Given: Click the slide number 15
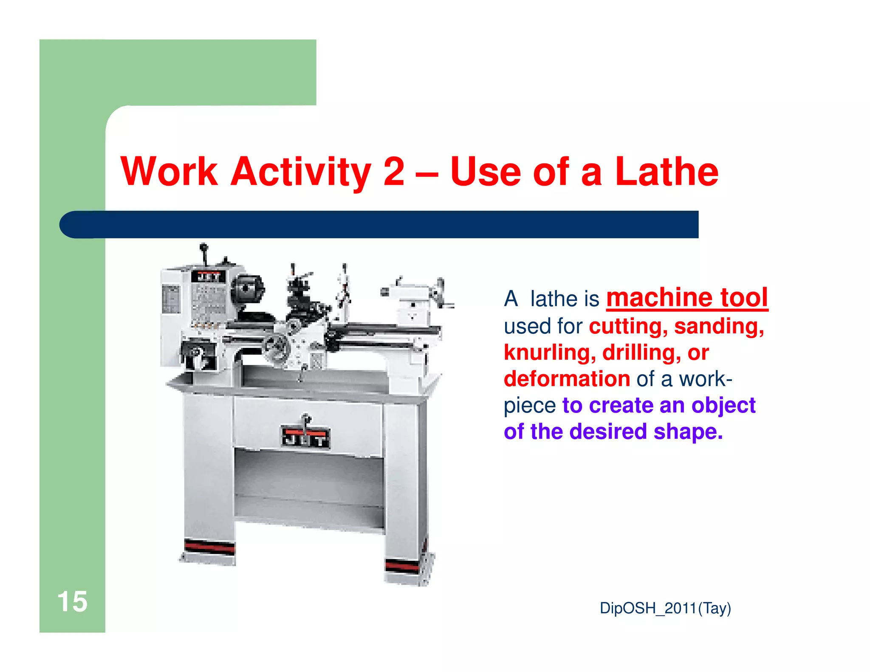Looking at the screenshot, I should pos(72,601).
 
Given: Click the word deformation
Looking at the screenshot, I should pos(567,379).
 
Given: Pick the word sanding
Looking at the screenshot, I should pos(719,326).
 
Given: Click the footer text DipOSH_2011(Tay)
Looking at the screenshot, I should pos(665,608).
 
